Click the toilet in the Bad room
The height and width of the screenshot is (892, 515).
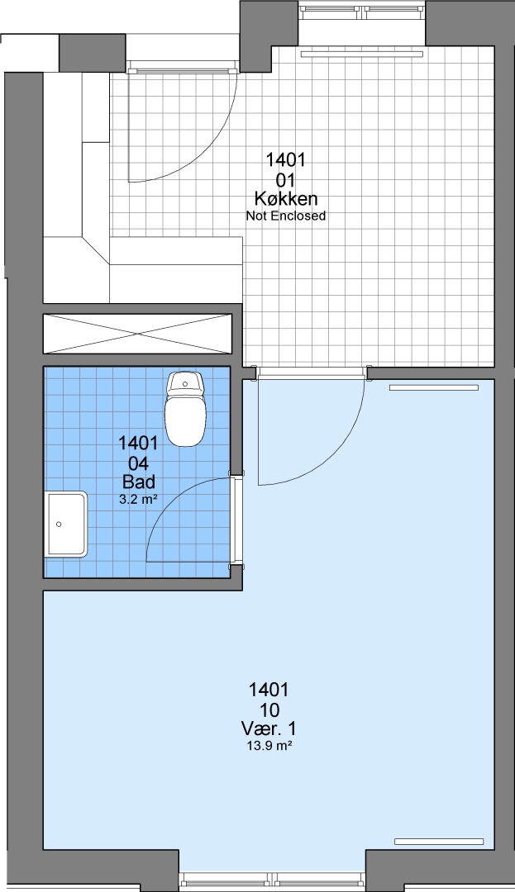(185, 409)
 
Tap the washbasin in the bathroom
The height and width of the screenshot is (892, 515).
(67, 524)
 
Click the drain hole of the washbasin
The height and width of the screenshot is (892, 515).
(59, 524)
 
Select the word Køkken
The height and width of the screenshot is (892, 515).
(286, 198)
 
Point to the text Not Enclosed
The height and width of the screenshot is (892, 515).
(286, 216)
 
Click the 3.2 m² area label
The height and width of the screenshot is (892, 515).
(138, 500)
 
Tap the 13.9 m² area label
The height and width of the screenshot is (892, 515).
(269, 747)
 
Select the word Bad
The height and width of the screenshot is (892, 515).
(139, 482)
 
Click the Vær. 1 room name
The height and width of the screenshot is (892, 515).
(269, 728)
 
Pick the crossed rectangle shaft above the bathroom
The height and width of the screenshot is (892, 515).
(138, 334)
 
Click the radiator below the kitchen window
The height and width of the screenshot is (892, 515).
(363, 55)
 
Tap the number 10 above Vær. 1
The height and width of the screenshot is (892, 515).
(269, 709)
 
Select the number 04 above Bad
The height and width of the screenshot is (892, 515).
(139, 463)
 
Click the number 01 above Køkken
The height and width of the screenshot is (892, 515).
(286, 180)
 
